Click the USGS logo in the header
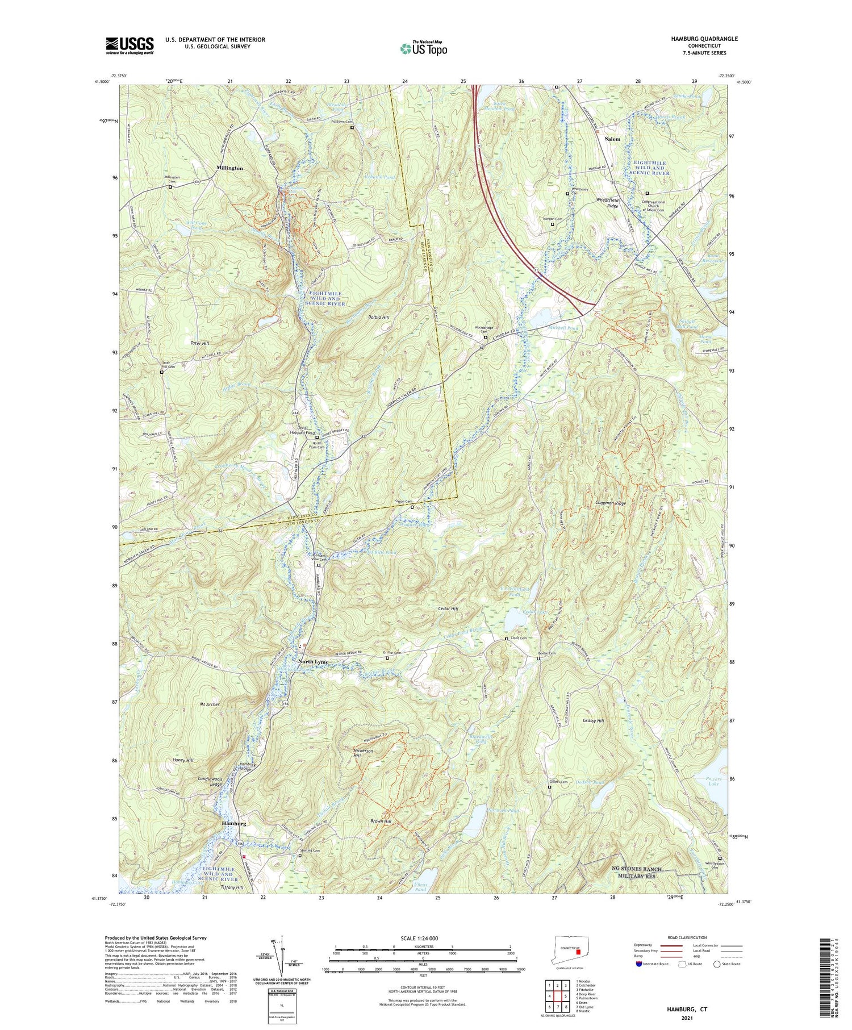click(x=130, y=45)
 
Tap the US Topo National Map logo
click(x=423, y=49)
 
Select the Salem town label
click(x=612, y=139)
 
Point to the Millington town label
click(x=229, y=169)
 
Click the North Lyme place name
click(x=314, y=663)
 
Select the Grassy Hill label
click(x=593, y=720)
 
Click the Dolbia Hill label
click(x=378, y=317)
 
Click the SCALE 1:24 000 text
click(x=421, y=938)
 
